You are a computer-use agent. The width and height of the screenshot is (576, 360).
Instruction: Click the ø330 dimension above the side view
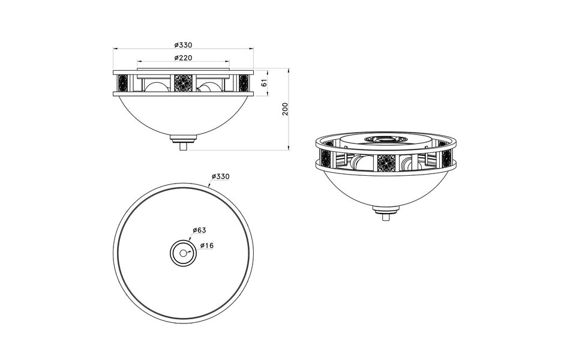[x=183, y=45]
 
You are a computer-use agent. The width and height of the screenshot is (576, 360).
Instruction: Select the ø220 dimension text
[x=183, y=58]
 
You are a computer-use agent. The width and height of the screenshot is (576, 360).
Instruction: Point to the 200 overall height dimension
[x=286, y=109]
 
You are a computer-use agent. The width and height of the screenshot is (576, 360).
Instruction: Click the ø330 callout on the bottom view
[x=220, y=176]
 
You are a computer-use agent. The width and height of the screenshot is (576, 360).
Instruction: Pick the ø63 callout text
[x=199, y=230]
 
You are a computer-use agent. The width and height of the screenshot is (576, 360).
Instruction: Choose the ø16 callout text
[x=206, y=245]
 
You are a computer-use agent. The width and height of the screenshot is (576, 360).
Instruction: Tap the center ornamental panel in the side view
[x=183, y=83]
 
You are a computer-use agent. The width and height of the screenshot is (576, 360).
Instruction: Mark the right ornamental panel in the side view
[x=243, y=83]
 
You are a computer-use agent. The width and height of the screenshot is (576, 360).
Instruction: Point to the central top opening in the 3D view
[x=384, y=139]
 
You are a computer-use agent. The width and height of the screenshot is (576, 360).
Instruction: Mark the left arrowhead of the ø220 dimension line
[x=140, y=62]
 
